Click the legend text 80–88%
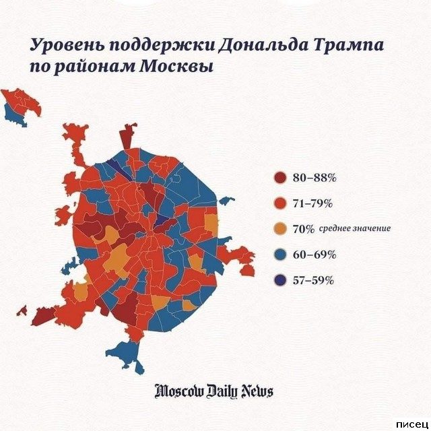(x=314, y=178)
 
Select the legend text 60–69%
(x=314, y=255)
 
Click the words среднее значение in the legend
(x=355, y=229)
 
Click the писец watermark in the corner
(x=412, y=423)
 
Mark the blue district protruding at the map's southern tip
(x=127, y=351)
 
